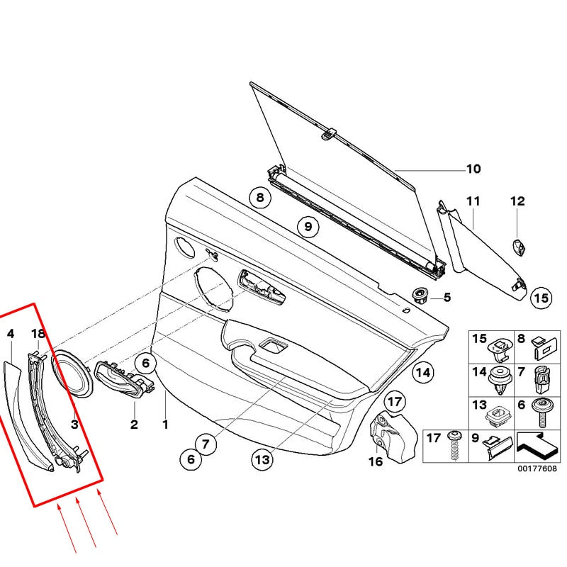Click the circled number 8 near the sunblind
[260, 198]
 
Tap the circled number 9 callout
[308, 228]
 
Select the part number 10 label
[473, 169]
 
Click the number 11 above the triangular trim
[473, 202]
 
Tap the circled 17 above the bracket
[395, 400]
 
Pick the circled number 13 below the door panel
[262, 460]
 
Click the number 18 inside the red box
[38, 334]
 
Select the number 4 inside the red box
[10, 333]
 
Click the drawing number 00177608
[537, 469]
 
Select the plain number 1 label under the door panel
[165, 425]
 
